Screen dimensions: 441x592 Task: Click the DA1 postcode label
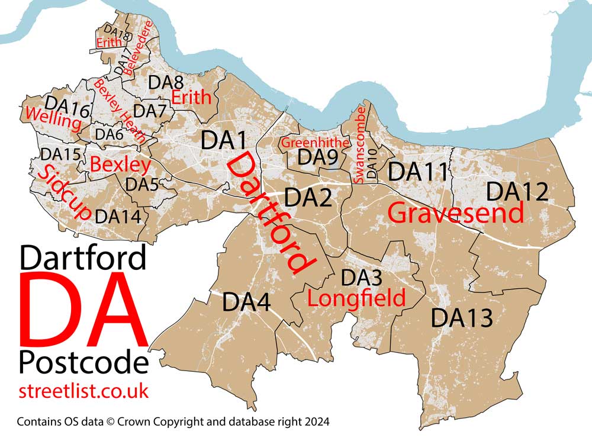pyautogui.click(x=223, y=140)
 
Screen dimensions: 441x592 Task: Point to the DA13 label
pyautogui.click(x=461, y=318)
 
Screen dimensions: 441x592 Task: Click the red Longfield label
pyautogui.click(x=356, y=298)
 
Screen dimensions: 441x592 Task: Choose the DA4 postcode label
pyautogui.click(x=246, y=303)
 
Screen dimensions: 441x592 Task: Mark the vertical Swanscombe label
pyautogui.click(x=360, y=145)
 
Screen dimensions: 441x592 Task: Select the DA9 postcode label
pyautogui.click(x=317, y=157)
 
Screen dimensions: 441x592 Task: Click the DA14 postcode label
pyautogui.click(x=118, y=216)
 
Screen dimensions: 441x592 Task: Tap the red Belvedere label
pyautogui.click(x=142, y=47)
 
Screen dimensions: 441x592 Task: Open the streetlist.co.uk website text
pyautogui.click(x=83, y=391)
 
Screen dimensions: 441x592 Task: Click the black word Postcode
pyautogui.click(x=83, y=362)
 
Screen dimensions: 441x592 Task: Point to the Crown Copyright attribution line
pyautogui.click(x=173, y=422)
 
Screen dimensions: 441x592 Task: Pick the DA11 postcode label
pyautogui.click(x=417, y=172)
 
